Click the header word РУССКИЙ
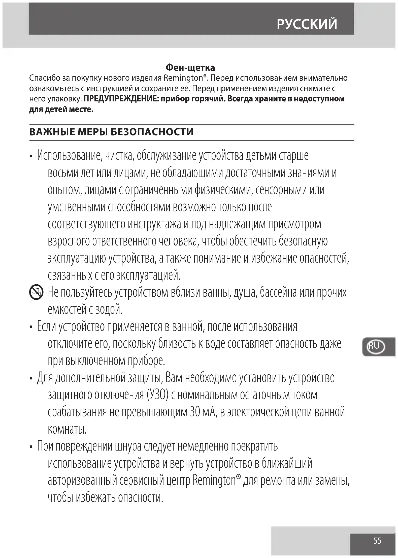pos(307,24)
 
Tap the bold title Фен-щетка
pos(190,68)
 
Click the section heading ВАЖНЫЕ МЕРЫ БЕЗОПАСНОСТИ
pos(111,132)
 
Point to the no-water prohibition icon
pos(37,293)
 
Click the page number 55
pos(377,541)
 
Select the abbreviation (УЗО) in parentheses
pos(157,395)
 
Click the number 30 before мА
pos(193,412)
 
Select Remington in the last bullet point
pos(214,481)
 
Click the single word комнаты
pos(67,429)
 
